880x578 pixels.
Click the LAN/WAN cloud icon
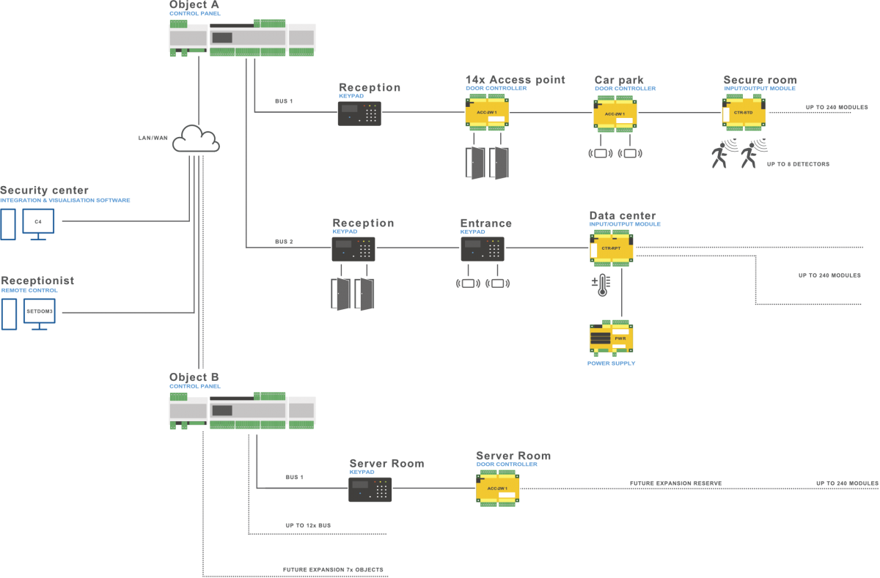click(196, 138)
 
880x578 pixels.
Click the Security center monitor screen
click(38, 221)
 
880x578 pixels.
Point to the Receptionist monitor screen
click(39, 311)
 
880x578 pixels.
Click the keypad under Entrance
click(483, 249)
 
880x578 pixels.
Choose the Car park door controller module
click(615, 114)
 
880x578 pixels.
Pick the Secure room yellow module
click(743, 113)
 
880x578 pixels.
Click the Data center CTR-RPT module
click(611, 248)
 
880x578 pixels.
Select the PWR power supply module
click(611, 338)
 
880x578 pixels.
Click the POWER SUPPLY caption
click(611, 363)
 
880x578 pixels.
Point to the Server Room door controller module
click(498, 489)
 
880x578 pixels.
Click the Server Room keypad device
click(370, 489)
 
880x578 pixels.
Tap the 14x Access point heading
click(515, 80)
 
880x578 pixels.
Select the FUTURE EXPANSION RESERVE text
click(675, 483)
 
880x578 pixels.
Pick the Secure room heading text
click(760, 80)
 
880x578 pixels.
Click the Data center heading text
click(623, 215)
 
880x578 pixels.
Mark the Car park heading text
click(619, 80)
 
